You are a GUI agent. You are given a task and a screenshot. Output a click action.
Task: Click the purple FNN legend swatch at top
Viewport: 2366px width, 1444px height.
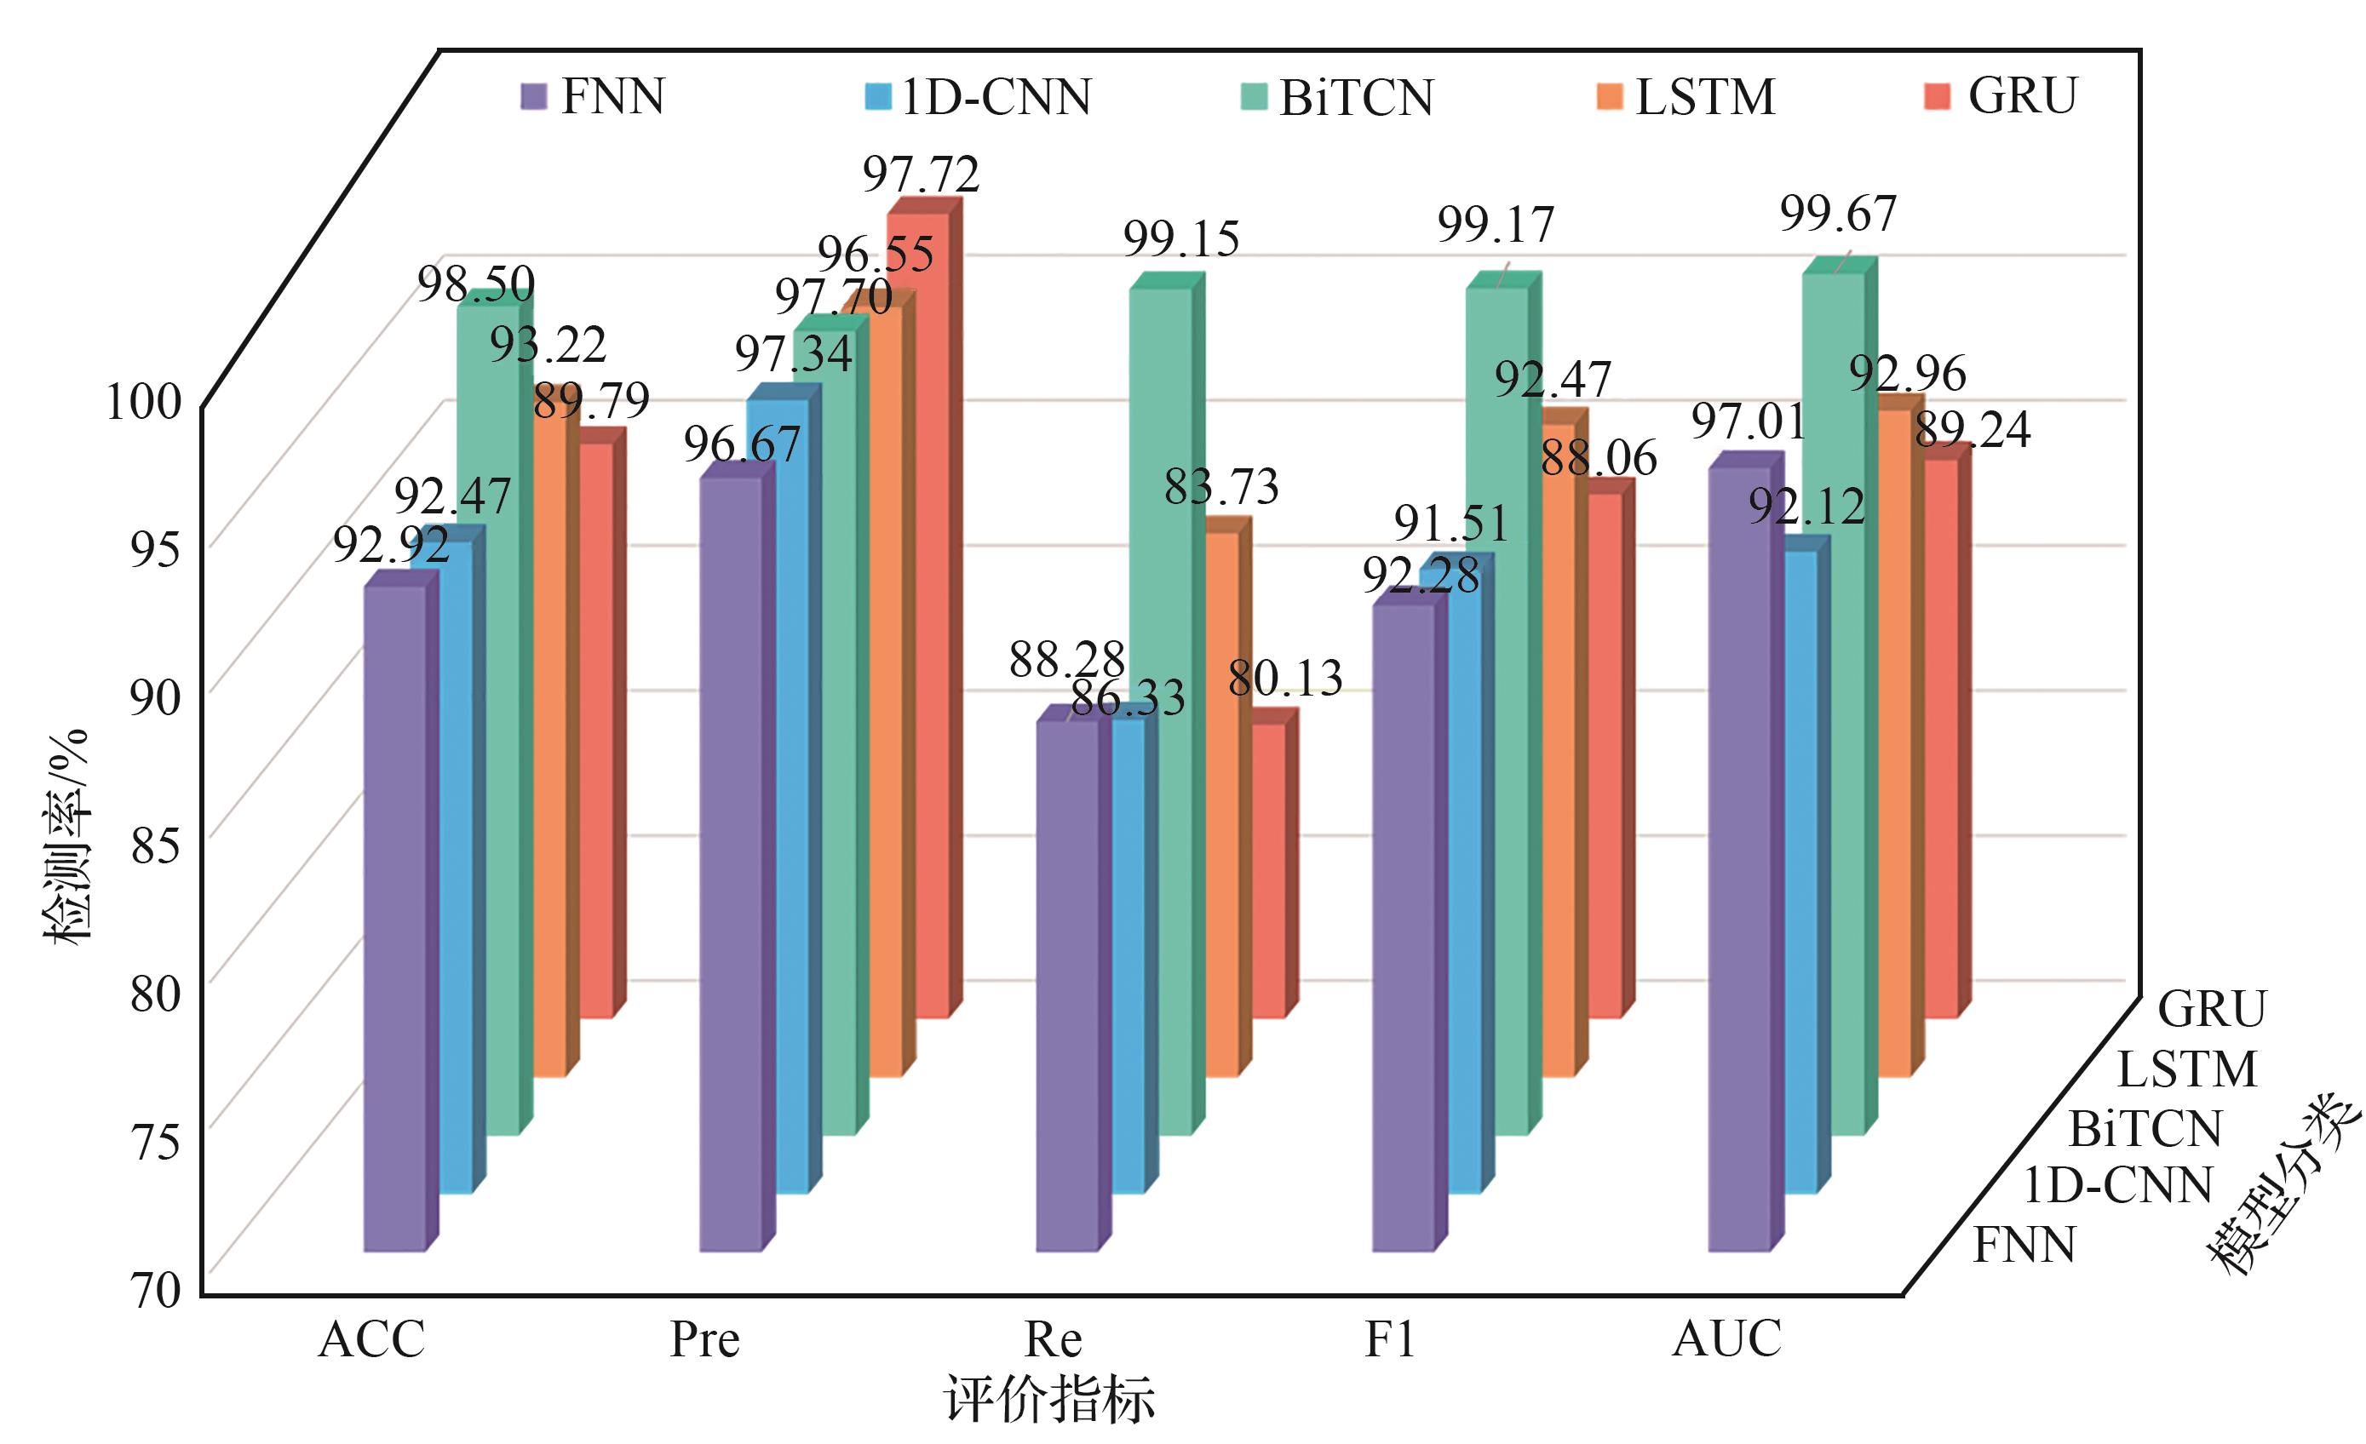[534, 96]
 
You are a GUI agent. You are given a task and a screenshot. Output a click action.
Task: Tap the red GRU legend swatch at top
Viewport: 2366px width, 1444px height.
[1938, 96]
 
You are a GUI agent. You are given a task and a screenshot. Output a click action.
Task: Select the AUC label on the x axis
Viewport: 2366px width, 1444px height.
[1726, 1338]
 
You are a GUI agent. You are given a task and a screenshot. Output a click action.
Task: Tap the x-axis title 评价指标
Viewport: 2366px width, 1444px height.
[1049, 1400]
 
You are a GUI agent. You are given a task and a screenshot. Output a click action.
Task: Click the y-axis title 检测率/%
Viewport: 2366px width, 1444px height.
[67, 835]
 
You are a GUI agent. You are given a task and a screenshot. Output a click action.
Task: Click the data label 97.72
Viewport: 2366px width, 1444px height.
[921, 175]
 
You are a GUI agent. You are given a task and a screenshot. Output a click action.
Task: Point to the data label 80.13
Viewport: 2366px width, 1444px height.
[1285, 679]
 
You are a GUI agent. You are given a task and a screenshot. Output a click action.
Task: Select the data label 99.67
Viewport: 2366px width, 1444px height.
[1838, 213]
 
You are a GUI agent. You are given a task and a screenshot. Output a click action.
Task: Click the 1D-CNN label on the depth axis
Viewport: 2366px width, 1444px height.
[2118, 1187]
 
